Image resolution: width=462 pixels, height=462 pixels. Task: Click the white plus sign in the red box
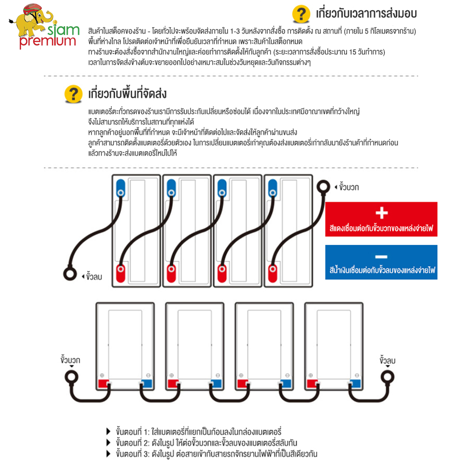pos(381,213)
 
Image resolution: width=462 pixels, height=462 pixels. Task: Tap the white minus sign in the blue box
pos(381,256)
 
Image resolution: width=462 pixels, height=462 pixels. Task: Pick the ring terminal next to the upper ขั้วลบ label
pos(69,274)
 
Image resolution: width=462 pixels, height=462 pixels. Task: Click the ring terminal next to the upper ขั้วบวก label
pos(322,187)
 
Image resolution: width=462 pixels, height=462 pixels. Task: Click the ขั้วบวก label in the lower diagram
pos(71,359)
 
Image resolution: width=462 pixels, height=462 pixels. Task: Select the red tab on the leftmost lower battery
pos(103,383)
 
